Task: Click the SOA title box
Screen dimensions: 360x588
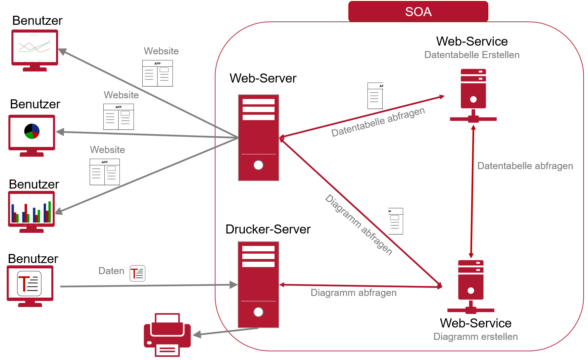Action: tap(418, 12)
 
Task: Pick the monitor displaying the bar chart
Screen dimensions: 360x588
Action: tap(31, 209)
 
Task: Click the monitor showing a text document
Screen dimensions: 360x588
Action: tap(30, 284)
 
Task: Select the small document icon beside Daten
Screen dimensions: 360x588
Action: tap(138, 273)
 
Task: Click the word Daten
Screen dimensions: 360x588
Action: tap(111, 271)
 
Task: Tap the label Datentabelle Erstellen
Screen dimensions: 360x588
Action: tap(472, 55)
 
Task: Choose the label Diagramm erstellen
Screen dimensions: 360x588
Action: tap(475, 337)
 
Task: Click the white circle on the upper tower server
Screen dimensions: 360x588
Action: tap(258, 165)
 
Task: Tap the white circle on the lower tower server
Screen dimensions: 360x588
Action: tap(258, 312)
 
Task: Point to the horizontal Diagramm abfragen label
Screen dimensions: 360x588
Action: tap(353, 293)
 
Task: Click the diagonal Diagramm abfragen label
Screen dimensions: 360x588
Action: tap(359, 224)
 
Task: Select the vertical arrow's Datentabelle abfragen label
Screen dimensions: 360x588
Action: tap(525, 166)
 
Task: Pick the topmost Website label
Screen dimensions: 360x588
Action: tap(161, 51)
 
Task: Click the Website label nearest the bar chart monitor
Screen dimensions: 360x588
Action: tap(107, 150)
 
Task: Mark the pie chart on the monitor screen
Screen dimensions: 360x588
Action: tap(32, 131)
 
